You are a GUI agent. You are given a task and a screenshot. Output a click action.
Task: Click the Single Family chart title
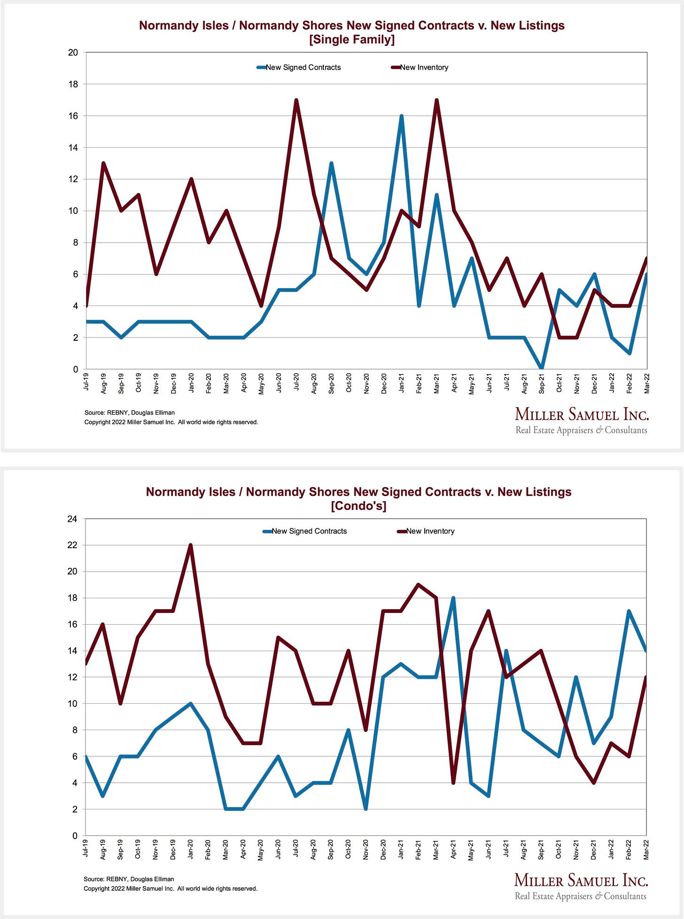(x=352, y=32)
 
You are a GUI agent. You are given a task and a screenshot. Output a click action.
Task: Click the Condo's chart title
(x=358, y=498)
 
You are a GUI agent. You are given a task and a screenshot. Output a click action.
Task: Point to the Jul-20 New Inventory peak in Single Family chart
(x=296, y=100)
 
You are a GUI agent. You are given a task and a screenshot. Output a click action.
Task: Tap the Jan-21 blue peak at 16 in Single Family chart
(x=401, y=116)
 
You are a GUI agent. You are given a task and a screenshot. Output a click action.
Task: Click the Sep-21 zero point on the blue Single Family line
(x=542, y=368)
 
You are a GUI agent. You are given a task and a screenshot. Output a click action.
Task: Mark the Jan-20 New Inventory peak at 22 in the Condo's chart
(x=190, y=546)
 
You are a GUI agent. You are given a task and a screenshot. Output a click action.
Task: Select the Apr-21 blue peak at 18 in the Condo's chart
(x=453, y=598)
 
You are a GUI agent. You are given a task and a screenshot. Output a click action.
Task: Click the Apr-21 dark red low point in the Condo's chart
(x=453, y=783)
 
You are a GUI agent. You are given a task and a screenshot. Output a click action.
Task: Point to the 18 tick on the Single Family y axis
(x=73, y=84)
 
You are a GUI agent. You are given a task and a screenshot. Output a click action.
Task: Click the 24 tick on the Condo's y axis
(x=72, y=519)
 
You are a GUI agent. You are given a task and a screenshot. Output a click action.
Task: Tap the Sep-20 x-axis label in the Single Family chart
(x=331, y=384)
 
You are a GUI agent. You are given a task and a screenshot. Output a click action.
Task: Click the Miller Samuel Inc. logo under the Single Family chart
(x=582, y=421)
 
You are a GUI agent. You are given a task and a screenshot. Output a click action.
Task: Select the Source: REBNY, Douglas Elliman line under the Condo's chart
(x=129, y=879)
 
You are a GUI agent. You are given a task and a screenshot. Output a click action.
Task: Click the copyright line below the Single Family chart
(x=171, y=422)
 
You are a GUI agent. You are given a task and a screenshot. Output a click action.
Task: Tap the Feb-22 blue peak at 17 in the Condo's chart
(x=629, y=611)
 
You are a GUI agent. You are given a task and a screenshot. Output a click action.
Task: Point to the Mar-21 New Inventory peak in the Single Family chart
(x=436, y=100)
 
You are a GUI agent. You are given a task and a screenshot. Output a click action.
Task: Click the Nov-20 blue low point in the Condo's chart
(x=365, y=809)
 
